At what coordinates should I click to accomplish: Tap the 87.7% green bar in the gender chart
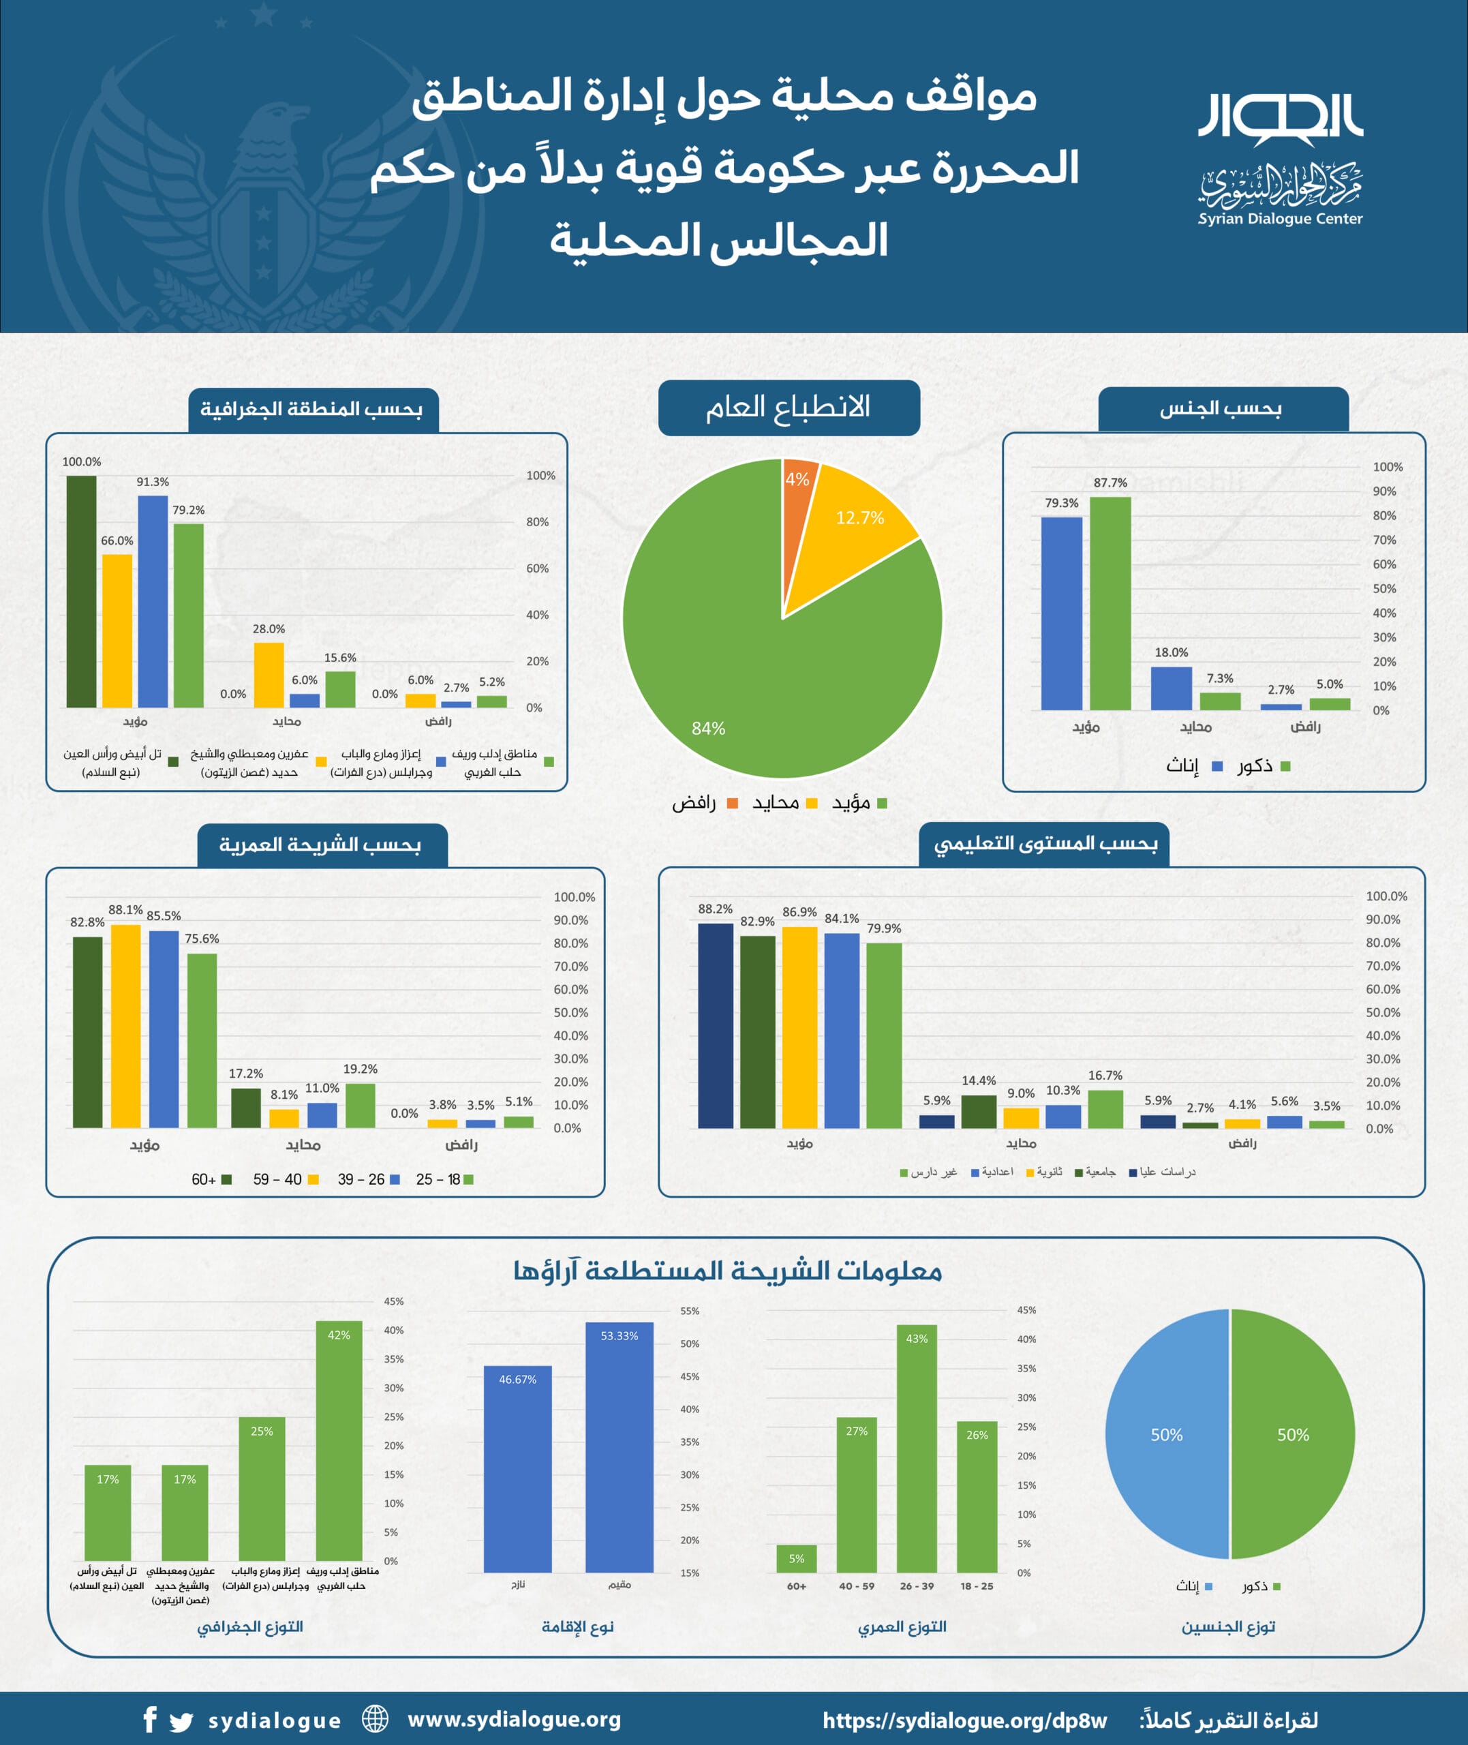[1110, 603]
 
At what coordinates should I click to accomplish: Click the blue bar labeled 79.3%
[1061, 613]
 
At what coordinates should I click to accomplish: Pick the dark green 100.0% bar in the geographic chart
[82, 591]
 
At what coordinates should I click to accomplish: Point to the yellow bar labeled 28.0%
[269, 675]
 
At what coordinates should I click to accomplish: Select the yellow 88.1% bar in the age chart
[125, 1025]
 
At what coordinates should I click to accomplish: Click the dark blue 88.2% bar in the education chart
[715, 1025]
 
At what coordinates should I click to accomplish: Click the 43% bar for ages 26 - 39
[916, 1448]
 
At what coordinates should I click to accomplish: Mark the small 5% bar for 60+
[797, 1559]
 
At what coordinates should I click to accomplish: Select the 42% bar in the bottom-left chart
[339, 1440]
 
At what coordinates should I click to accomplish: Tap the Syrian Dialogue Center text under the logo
[1280, 219]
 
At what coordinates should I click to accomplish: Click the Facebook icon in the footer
[150, 1719]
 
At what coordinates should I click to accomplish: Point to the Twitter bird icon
[181, 1721]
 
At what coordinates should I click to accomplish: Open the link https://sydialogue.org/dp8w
[964, 1720]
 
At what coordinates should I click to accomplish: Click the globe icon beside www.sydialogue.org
[376, 1718]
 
